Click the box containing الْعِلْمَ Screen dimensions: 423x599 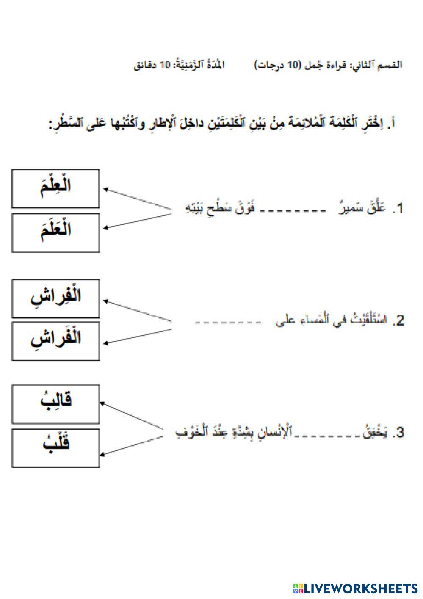[x=55, y=189]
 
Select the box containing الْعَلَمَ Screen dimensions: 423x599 [x=55, y=233]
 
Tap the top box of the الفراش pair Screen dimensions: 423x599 [x=55, y=298]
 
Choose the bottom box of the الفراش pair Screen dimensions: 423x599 [x=55, y=341]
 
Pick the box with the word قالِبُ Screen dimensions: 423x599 [x=55, y=404]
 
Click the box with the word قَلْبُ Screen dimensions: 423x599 [x=55, y=448]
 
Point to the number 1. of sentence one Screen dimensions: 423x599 [x=398, y=209]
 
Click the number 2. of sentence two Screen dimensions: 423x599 [x=398, y=321]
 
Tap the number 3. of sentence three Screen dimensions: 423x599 [x=398, y=433]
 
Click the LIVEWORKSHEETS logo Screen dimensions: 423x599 [x=355, y=588]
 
